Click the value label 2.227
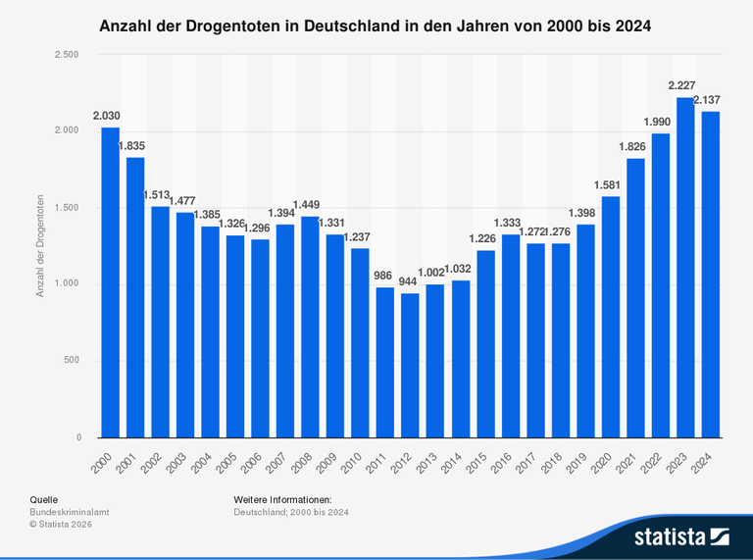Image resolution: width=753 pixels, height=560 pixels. pos(684,85)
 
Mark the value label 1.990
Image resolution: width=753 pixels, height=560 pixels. pos(659,122)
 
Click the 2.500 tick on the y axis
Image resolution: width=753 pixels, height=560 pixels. pos(66,55)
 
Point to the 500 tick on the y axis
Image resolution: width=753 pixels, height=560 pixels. pos(72,361)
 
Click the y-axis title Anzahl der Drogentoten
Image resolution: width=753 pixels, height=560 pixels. pos(40,245)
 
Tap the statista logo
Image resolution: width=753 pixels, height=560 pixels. pos(682,536)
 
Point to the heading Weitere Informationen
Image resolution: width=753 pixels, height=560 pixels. pos(282,500)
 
